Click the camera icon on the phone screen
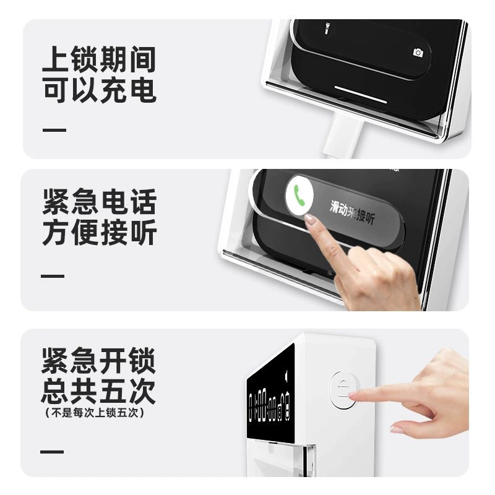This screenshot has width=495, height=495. (418, 53)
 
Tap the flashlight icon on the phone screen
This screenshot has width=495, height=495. (327, 28)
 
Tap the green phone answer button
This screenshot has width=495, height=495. (299, 196)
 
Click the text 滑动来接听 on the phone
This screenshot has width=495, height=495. (352, 212)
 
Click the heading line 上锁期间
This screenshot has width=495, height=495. (99, 59)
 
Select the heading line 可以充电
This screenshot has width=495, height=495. (99, 90)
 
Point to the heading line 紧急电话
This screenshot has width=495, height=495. (100, 202)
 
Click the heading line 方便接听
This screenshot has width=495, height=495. (100, 232)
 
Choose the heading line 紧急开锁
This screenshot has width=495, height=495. (98, 361)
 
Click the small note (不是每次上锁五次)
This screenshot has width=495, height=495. (95, 413)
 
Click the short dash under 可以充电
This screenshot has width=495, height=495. (54, 130)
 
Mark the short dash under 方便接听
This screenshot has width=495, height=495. (53, 276)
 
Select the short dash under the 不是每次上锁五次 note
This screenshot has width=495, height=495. (52, 452)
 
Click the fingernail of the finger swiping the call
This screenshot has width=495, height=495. (309, 218)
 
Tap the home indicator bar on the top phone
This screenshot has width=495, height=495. (361, 94)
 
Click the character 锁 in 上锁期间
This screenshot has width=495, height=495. (84, 59)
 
